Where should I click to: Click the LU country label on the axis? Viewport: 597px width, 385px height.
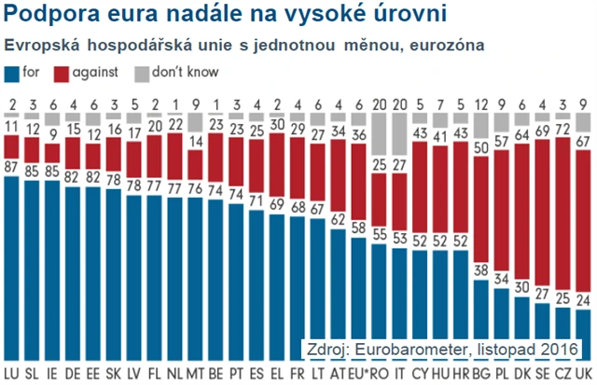[x=13, y=373]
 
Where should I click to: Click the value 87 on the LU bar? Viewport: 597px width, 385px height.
[x=13, y=167]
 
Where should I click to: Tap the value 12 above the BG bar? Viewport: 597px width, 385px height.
[x=482, y=104]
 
